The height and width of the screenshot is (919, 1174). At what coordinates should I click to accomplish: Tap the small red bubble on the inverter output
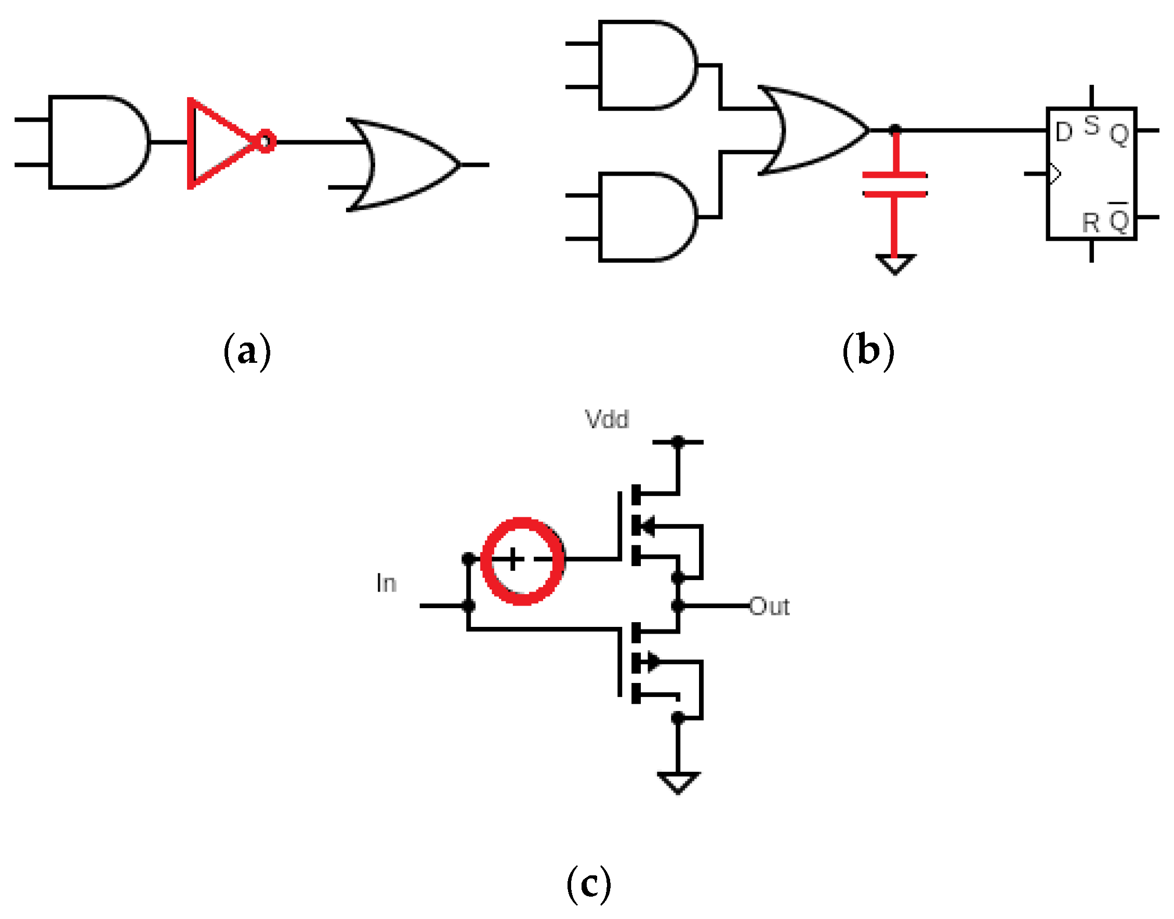(x=266, y=141)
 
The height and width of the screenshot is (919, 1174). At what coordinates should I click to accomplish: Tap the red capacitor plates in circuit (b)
(x=894, y=184)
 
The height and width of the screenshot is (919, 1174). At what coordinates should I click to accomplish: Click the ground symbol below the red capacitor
(x=895, y=264)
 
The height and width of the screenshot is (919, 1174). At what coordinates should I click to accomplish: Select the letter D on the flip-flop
(x=1064, y=133)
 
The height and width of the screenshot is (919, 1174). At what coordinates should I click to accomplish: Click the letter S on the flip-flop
(x=1091, y=125)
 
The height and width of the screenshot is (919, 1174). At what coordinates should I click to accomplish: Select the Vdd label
(x=606, y=419)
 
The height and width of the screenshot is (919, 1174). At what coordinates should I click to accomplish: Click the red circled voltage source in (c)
(x=522, y=561)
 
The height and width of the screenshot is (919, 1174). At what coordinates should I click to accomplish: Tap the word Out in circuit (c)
(x=769, y=607)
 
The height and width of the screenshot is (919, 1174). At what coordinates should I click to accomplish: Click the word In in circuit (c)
(x=386, y=583)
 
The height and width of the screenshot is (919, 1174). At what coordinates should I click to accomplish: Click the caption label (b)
(x=868, y=351)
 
